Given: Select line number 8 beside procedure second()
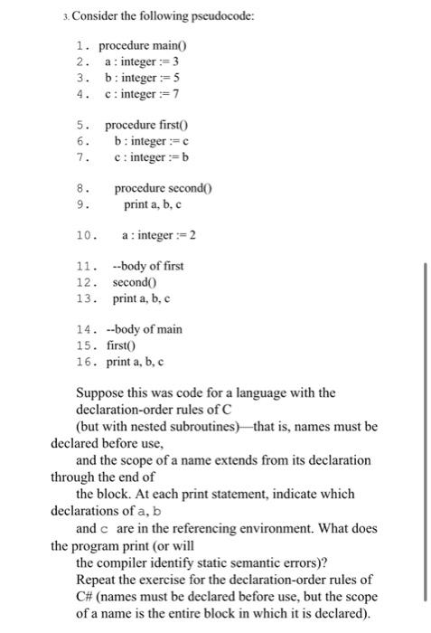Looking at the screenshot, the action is pyautogui.click(x=83, y=189).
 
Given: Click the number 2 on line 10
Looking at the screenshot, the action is pyautogui.click(x=192, y=236).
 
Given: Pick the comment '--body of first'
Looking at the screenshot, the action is pyautogui.click(x=147, y=268).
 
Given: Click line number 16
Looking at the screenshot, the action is pyautogui.click(x=86, y=362).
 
